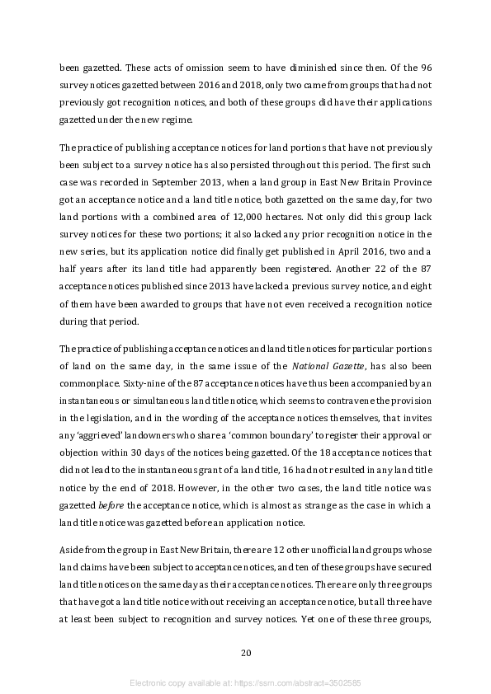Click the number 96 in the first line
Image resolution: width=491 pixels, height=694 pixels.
tap(424, 89)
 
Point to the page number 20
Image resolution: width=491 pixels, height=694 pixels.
tap(245, 653)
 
